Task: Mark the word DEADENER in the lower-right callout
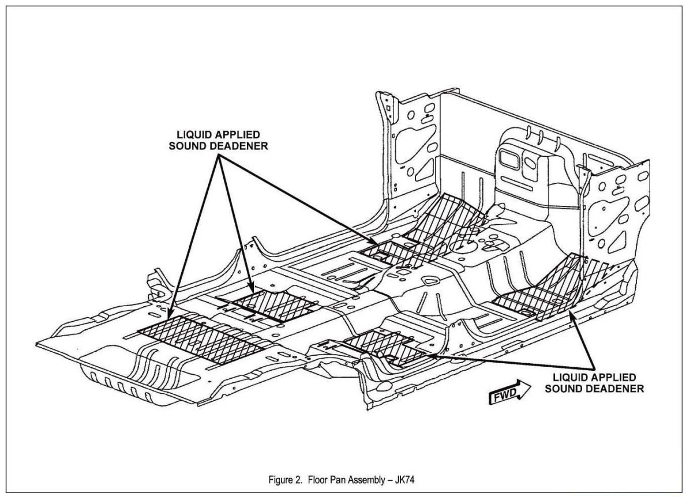point(617,389)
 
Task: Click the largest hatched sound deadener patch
point(202,334)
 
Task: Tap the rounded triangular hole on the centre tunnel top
point(430,283)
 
